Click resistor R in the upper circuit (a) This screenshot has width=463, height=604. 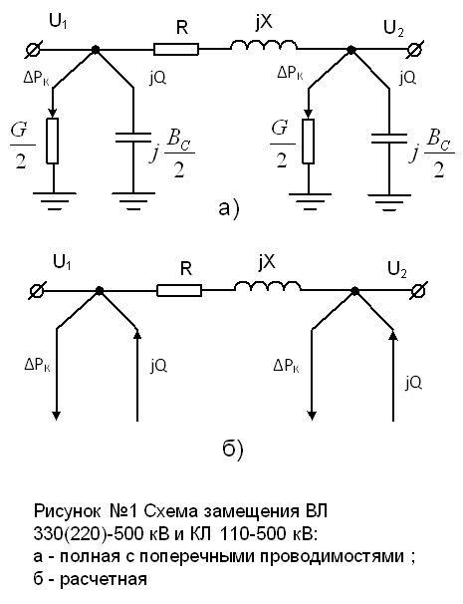[x=176, y=49]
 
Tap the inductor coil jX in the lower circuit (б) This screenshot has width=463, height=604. [x=268, y=286]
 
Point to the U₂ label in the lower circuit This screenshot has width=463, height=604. [x=395, y=270]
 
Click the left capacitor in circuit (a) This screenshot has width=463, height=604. [x=133, y=139]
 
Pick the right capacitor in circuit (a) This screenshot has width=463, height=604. [x=389, y=139]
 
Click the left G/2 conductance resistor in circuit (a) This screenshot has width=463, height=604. [x=53, y=141]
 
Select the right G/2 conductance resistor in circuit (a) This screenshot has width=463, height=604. [x=308, y=141]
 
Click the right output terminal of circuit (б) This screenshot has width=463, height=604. [x=418, y=291]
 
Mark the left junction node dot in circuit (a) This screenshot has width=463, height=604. [x=96, y=49]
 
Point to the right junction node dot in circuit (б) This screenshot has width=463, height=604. [x=354, y=291]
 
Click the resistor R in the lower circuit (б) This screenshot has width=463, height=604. [x=179, y=291]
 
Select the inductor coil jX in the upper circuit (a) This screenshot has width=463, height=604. [x=264, y=44]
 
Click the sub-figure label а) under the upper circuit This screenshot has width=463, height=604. [x=229, y=208]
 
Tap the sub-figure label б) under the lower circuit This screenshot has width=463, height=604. [x=233, y=450]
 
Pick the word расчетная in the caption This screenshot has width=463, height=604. [x=104, y=579]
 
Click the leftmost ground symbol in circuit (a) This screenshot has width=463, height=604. [x=53, y=200]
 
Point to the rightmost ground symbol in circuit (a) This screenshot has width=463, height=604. [x=389, y=203]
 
